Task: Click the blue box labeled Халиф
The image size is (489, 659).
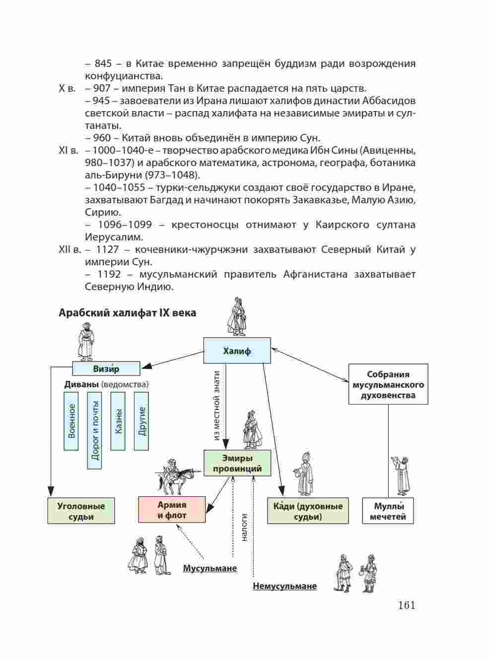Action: tap(237, 351)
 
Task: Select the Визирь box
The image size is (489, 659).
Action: tap(106, 368)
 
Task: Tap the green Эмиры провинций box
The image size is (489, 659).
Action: tap(237, 463)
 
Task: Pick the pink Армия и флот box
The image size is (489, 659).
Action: tap(172, 510)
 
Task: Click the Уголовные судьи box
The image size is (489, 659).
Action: tap(81, 511)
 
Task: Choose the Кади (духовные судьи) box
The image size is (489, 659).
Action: tap(308, 511)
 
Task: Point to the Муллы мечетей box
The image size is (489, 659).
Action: tap(388, 511)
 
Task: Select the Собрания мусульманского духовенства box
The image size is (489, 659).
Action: tap(388, 384)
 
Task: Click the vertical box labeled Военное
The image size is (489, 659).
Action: tap(71, 420)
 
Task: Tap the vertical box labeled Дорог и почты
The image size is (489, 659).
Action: tap(94, 430)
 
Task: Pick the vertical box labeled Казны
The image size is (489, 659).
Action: tap(118, 420)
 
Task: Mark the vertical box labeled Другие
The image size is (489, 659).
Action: tap(141, 420)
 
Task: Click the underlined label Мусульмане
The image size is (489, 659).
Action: tap(210, 568)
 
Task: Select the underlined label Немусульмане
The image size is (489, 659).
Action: tap(284, 586)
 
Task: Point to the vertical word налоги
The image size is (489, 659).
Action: tap(244, 527)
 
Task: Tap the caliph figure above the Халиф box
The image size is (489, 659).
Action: tap(237, 317)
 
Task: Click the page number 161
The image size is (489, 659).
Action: tap(406, 605)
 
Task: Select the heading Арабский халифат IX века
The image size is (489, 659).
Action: tap(127, 313)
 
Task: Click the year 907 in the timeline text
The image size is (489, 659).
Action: tap(102, 88)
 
